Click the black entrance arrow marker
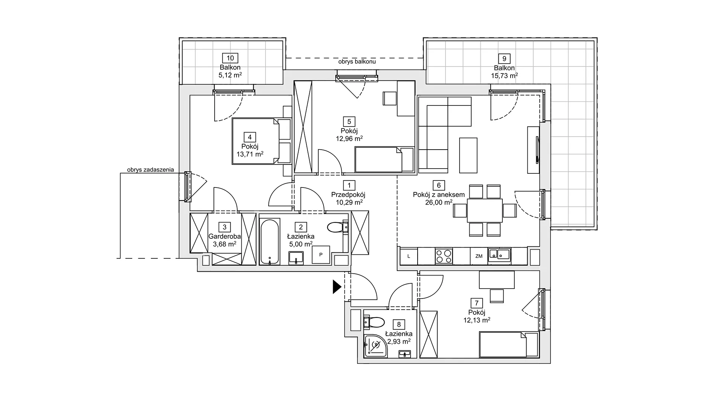pyautogui.click(x=337, y=287)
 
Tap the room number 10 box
pyautogui.click(x=230, y=58)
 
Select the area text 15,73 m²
pyautogui.click(x=504, y=75)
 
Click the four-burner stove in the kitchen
pyautogui.click(x=444, y=256)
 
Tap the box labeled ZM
pyautogui.click(x=479, y=256)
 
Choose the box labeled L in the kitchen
pyautogui.click(x=409, y=256)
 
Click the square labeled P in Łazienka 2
pyautogui.click(x=321, y=255)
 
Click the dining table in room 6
pyautogui.click(x=485, y=210)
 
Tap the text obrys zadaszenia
pyautogui.click(x=150, y=170)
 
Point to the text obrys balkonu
pyautogui.click(x=357, y=62)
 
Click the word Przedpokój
pyautogui.click(x=348, y=195)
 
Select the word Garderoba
pyautogui.click(x=224, y=237)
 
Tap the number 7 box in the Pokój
pyautogui.click(x=476, y=303)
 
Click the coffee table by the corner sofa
pyautogui.click(x=468, y=155)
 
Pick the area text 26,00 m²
pyautogui.click(x=439, y=202)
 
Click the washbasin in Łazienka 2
pyautogui.click(x=296, y=258)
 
